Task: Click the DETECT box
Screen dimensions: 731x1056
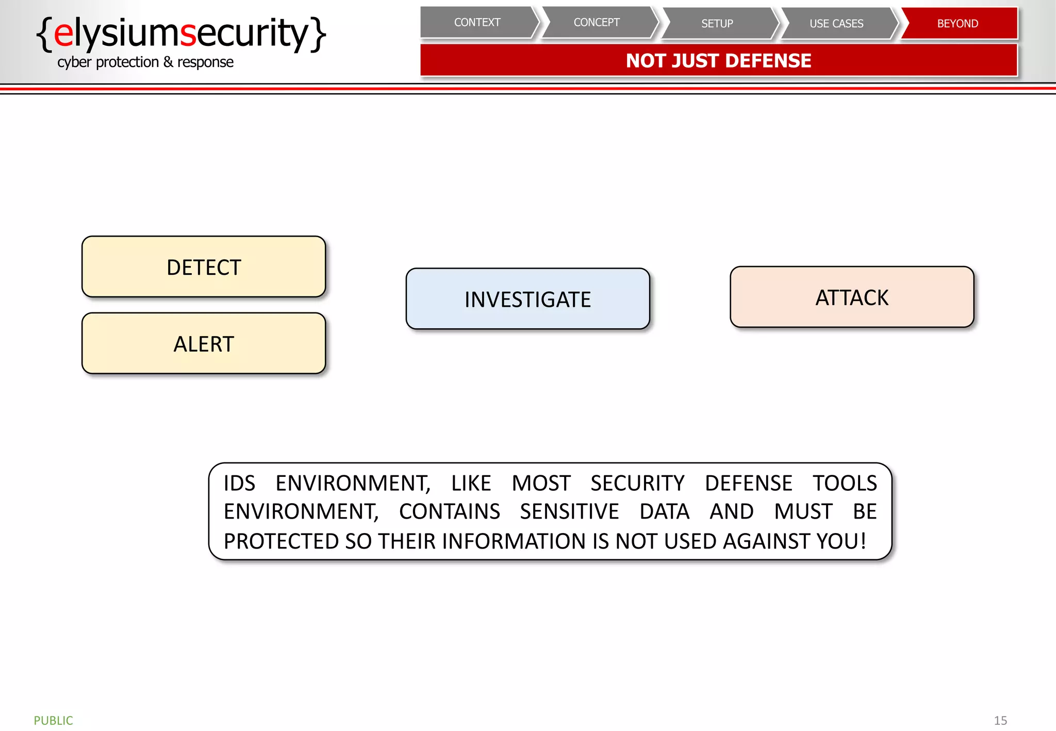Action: click(204, 267)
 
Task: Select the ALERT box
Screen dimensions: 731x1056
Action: click(204, 344)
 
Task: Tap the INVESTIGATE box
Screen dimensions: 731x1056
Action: click(527, 299)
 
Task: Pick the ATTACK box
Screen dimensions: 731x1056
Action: click(852, 297)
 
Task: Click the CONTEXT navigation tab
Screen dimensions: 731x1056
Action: click(477, 23)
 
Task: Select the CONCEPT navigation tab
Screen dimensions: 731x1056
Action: click(597, 23)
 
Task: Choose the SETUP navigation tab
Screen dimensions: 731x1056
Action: click(717, 24)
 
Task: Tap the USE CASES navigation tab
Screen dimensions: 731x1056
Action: click(836, 24)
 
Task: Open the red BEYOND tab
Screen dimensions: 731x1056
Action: click(958, 24)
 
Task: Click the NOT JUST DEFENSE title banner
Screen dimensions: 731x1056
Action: click(718, 61)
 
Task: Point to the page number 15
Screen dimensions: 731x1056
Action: click(1000, 720)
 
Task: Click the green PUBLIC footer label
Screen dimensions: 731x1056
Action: click(53, 720)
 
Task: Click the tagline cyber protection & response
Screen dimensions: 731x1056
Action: click(145, 62)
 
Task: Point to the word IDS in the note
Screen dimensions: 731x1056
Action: click(239, 484)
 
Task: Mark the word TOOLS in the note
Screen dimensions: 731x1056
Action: click(845, 484)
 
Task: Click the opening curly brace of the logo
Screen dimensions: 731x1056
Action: click(45, 34)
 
